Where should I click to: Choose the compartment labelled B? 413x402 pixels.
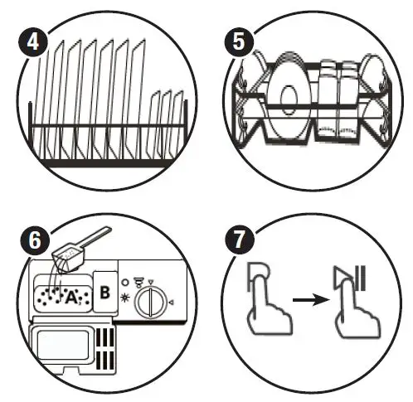coord(105,292)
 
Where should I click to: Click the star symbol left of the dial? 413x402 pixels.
coord(124,297)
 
